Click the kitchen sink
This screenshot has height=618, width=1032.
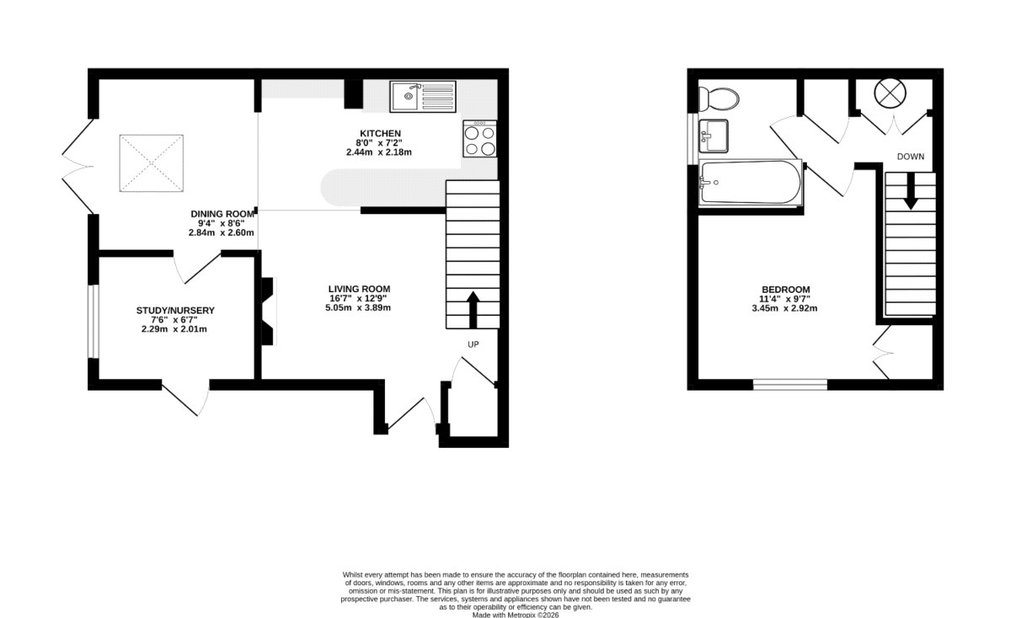pyautogui.click(x=422, y=96)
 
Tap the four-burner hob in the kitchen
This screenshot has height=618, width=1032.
pyautogui.click(x=479, y=139)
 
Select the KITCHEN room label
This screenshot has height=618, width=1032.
pyautogui.click(x=380, y=134)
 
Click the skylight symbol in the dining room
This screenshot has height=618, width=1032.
pyautogui.click(x=152, y=162)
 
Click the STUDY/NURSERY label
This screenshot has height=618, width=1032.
pyautogui.click(x=175, y=311)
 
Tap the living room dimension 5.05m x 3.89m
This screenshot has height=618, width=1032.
pyautogui.click(x=359, y=308)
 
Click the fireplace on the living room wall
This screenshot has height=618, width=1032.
pyautogui.click(x=268, y=311)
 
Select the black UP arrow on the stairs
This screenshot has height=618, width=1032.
pyautogui.click(x=472, y=309)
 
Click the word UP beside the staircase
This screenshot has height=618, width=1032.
pyautogui.click(x=473, y=344)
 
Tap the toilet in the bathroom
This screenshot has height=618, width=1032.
pyautogui.click(x=719, y=99)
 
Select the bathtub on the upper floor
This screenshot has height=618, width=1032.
pyautogui.click(x=749, y=183)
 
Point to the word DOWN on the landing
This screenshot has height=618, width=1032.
pyautogui.click(x=911, y=157)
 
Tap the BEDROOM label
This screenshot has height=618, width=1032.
pyautogui.click(x=785, y=290)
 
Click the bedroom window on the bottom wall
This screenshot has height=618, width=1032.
pyautogui.click(x=789, y=385)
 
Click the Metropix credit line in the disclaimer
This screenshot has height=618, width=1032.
pyautogui.click(x=516, y=615)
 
